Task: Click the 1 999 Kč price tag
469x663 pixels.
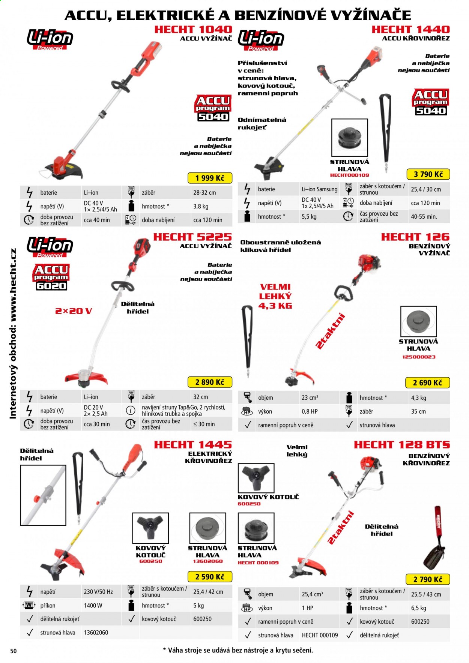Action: click(x=209, y=178)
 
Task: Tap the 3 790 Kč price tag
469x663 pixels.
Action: click(x=428, y=174)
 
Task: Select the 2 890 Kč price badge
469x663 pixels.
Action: click(x=209, y=382)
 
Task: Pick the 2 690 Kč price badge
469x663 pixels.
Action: click(x=427, y=382)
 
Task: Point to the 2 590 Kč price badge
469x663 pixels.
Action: click(x=209, y=576)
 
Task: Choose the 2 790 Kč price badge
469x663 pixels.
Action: click(x=428, y=579)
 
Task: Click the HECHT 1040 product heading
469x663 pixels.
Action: click(x=193, y=29)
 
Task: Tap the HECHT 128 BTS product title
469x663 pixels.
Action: click(x=402, y=445)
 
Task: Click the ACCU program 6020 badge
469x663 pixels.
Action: click(x=51, y=277)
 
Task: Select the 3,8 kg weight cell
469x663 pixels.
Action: click(x=201, y=206)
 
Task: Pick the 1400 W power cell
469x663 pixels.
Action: click(x=93, y=605)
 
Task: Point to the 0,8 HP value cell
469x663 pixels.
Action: click(x=310, y=411)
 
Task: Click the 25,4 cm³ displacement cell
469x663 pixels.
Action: click(x=312, y=594)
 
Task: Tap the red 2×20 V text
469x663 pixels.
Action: click(x=74, y=311)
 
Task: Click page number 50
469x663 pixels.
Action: click(x=14, y=651)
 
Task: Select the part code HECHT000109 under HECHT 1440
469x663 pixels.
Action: click(x=349, y=175)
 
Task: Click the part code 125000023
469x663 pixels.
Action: click(x=418, y=357)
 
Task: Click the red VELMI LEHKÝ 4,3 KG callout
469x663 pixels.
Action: click(x=275, y=296)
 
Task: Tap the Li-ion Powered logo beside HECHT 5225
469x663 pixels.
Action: click(x=50, y=247)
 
